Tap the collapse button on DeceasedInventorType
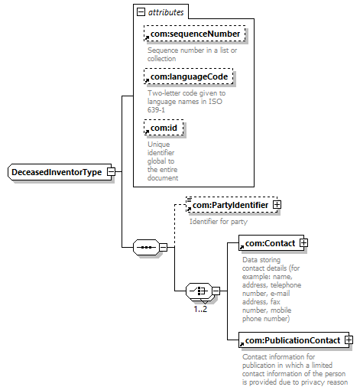point(111,172)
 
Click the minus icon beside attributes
point(141,12)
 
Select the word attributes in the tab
point(166,12)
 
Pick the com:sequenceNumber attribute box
point(195,34)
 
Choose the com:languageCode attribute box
point(189,76)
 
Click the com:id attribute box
point(164,128)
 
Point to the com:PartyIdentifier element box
point(232,205)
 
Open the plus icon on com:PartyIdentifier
point(277,205)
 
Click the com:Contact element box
point(271,243)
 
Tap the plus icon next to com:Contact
point(303,242)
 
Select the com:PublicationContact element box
point(294,340)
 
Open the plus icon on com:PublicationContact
point(349,340)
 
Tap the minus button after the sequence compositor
point(164,247)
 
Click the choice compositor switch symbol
point(199,291)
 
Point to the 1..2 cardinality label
point(200,309)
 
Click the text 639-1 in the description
point(156,110)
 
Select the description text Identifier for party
point(219,222)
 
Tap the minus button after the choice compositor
point(216,291)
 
